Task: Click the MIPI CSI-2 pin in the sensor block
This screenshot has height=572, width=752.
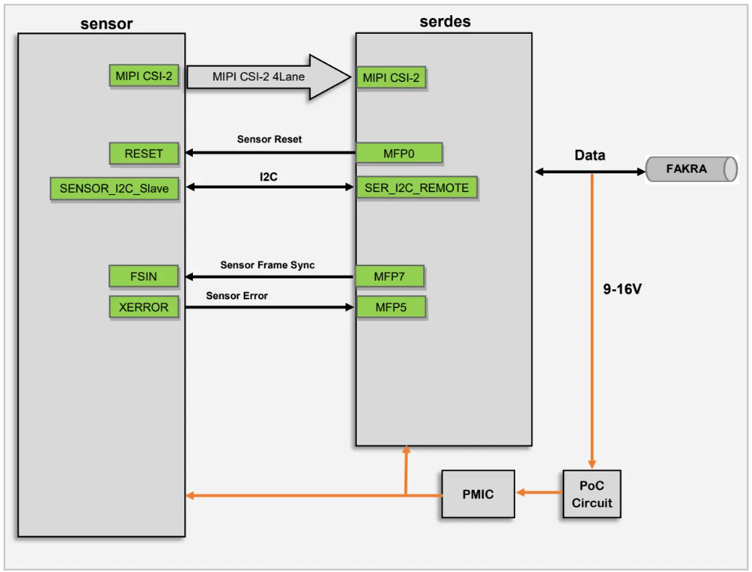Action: point(144,76)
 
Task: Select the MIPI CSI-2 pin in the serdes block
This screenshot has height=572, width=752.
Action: point(391,77)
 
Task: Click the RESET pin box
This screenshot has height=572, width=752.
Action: point(144,153)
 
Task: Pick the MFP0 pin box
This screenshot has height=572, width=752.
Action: point(399,153)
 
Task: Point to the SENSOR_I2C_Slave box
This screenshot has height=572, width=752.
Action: point(114,188)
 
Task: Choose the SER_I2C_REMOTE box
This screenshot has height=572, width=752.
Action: point(417,188)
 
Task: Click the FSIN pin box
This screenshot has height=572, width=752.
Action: point(144,276)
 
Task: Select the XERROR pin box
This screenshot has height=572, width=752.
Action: point(144,307)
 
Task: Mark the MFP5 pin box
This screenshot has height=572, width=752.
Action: point(391,307)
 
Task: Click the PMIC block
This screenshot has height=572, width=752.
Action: point(478,494)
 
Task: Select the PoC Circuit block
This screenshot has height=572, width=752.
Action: point(592,494)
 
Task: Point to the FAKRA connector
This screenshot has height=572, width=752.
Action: point(691,169)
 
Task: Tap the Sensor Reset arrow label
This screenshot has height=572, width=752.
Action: point(269,139)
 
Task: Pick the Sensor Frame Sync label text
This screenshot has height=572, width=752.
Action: point(267,265)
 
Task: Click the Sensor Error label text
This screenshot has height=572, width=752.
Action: point(237,295)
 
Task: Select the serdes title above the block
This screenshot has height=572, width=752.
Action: point(445,22)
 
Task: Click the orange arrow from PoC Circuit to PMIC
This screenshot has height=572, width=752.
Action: point(538,493)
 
